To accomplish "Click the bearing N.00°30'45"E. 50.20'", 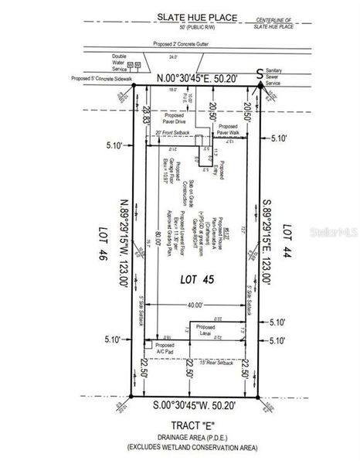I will [x=197, y=78].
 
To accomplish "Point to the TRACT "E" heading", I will [x=194, y=425].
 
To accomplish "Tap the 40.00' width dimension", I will [x=195, y=306].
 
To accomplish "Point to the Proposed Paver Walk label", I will [x=229, y=128].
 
